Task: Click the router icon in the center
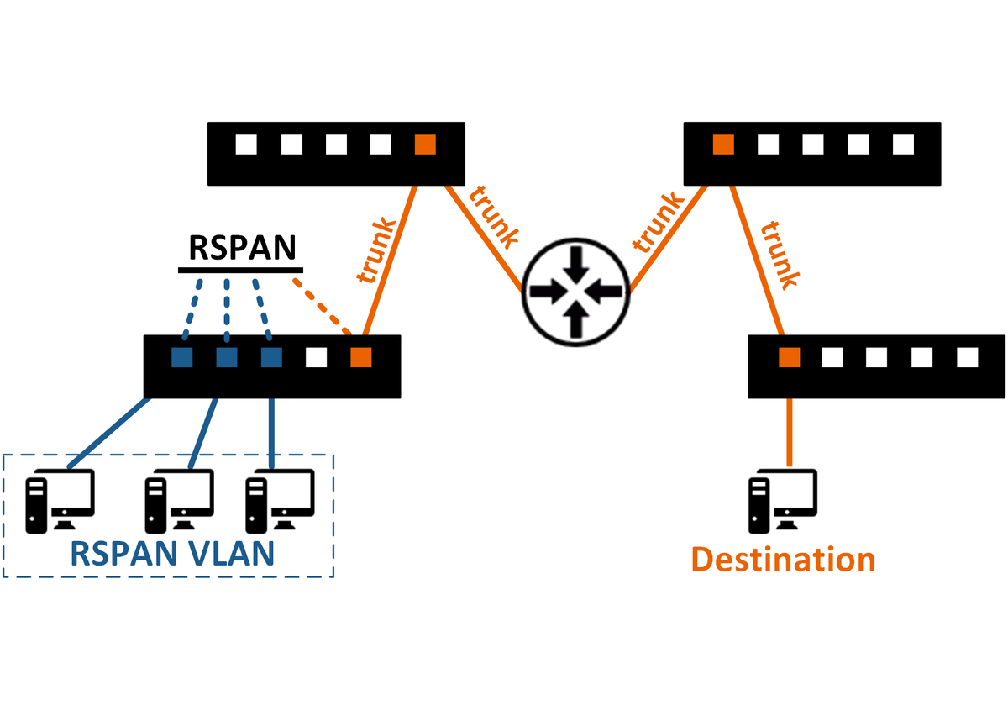pos(575,292)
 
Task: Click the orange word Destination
pos(783,559)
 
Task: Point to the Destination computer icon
pos(783,500)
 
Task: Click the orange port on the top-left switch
pos(426,145)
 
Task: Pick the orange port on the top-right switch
pos(723,145)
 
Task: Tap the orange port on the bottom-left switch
pos(361,357)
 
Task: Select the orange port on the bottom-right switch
pos(788,358)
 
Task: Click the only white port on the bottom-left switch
pos(316,357)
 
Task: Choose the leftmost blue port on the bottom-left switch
pos(182,357)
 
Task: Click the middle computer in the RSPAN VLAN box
pos(179,501)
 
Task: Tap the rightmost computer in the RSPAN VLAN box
pos(279,501)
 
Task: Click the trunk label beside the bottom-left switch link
pos(375,251)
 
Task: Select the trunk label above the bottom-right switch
pos(778,255)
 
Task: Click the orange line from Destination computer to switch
pos(789,432)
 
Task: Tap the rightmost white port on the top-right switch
pos(903,145)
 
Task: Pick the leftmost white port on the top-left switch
pos(246,145)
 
